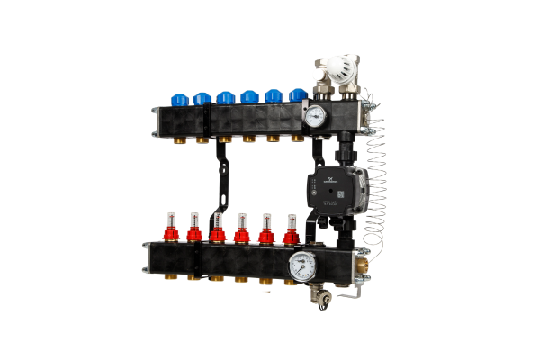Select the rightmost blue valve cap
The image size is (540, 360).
[298, 94]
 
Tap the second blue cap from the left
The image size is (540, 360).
[198, 94]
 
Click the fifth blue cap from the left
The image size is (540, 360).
[274, 94]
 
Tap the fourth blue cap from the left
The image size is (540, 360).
[248, 94]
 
